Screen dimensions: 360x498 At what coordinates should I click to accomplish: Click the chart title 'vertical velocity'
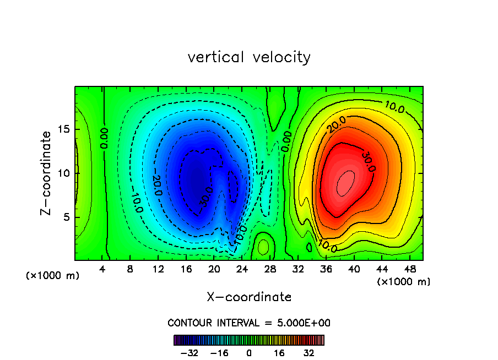pyautogui.click(x=249, y=57)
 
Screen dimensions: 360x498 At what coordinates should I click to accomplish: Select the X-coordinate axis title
pyautogui.click(x=249, y=297)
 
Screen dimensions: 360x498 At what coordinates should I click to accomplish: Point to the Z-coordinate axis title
pyautogui.click(x=47, y=173)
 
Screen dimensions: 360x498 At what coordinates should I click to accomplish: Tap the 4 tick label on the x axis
pyautogui.click(x=102, y=269)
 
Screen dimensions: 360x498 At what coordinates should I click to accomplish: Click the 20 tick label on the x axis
pyautogui.click(x=214, y=269)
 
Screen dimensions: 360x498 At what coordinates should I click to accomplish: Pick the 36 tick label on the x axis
pyautogui.click(x=326, y=269)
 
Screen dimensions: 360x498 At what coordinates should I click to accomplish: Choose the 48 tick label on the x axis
pyautogui.click(x=409, y=269)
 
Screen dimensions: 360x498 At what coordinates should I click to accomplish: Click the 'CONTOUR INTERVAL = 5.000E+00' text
pyautogui.click(x=249, y=323)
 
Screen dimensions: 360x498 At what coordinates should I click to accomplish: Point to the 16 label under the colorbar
pyautogui.click(x=279, y=353)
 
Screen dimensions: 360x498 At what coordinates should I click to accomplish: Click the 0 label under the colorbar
pyautogui.click(x=249, y=353)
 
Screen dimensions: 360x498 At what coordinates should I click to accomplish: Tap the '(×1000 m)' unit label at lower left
pyautogui.click(x=53, y=276)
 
